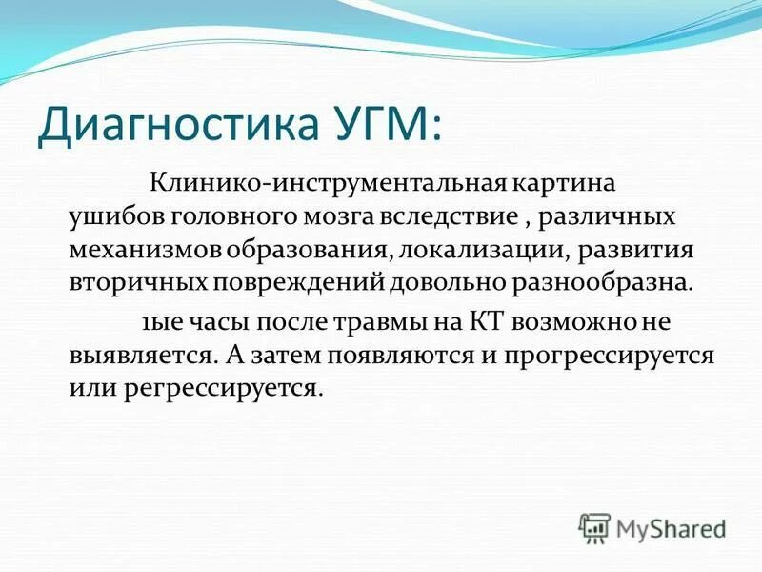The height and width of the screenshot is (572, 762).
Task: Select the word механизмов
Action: pos(146,249)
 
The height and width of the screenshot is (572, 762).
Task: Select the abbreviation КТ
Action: pos(487,320)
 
